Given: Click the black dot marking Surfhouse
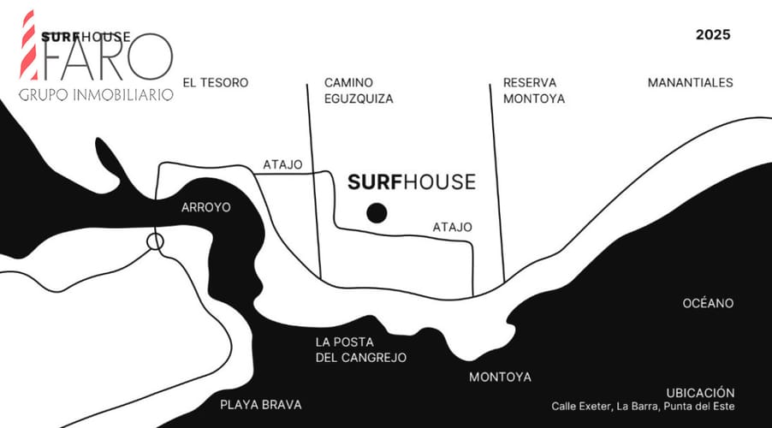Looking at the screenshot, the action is [377, 213].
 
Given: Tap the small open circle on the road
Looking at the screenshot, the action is [155, 242].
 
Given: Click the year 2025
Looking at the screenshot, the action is [713, 35].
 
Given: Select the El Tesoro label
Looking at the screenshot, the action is [216, 83].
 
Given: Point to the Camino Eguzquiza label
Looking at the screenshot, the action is [359, 91].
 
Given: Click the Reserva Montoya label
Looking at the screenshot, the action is [534, 91].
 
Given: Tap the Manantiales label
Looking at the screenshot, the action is [691, 83].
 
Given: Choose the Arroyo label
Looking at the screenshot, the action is [205, 207].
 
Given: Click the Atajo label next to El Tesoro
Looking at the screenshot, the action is [282, 164].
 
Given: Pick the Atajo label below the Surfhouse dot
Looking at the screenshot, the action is [453, 227].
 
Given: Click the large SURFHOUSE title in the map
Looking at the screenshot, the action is [412, 182].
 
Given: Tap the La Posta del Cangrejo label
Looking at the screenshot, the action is [361, 350].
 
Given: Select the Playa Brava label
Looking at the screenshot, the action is [261, 405].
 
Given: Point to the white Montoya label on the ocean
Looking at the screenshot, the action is [500, 377].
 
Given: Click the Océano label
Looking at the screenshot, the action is [708, 303].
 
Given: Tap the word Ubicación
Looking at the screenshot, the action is [701, 393].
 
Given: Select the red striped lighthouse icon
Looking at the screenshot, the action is [28, 45].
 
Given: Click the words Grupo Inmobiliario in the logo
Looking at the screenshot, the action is [96, 94].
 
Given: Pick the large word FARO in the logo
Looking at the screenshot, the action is [107, 58].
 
